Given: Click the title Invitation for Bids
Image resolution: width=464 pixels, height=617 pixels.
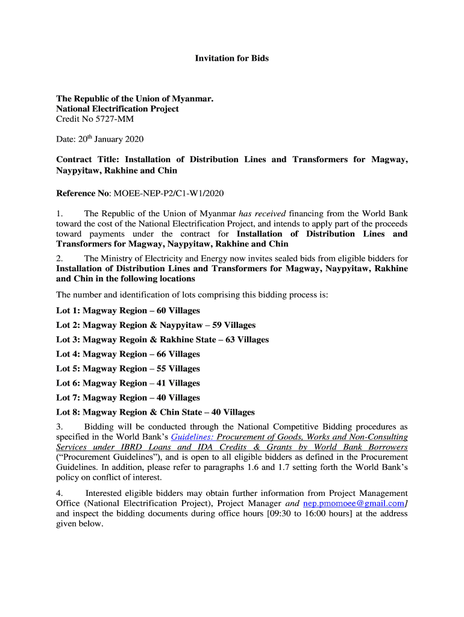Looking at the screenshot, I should pyautogui.click(x=231, y=58).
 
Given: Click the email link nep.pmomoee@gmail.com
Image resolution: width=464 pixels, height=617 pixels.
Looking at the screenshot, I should pyautogui.click(x=353, y=503).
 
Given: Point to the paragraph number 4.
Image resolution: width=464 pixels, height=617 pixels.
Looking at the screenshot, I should pyautogui.click(x=58, y=493).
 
